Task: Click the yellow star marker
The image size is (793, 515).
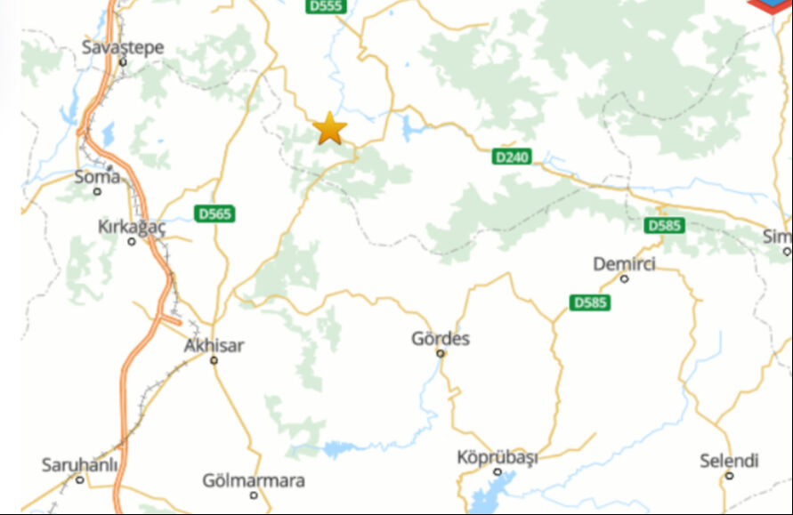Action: point(330,129)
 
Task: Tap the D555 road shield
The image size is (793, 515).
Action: point(326,6)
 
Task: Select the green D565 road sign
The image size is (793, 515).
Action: point(214,213)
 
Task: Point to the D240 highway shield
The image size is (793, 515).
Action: point(511,157)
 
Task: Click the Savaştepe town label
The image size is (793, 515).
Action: point(123,46)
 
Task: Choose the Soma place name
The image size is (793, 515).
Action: point(96,176)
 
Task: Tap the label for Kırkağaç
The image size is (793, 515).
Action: point(132,227)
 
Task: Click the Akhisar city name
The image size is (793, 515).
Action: point(214,345)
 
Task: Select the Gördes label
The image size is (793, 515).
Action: point(441,339)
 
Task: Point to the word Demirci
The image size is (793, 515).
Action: point(624,264)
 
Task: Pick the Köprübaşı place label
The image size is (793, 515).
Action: point(498,457)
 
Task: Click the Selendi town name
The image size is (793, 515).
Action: point(729,461)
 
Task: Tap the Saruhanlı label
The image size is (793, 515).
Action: point(79,465)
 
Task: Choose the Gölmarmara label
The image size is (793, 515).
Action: point(254,480)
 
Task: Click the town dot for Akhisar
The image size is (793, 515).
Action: point(214,360)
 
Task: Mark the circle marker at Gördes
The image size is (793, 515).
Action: point(441,353)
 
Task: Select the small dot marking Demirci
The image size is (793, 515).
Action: point(625,278)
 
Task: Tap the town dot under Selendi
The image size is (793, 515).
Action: point(729,475)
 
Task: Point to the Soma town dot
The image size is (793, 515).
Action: point(97,191)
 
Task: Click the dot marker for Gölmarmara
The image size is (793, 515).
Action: point(254,495)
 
